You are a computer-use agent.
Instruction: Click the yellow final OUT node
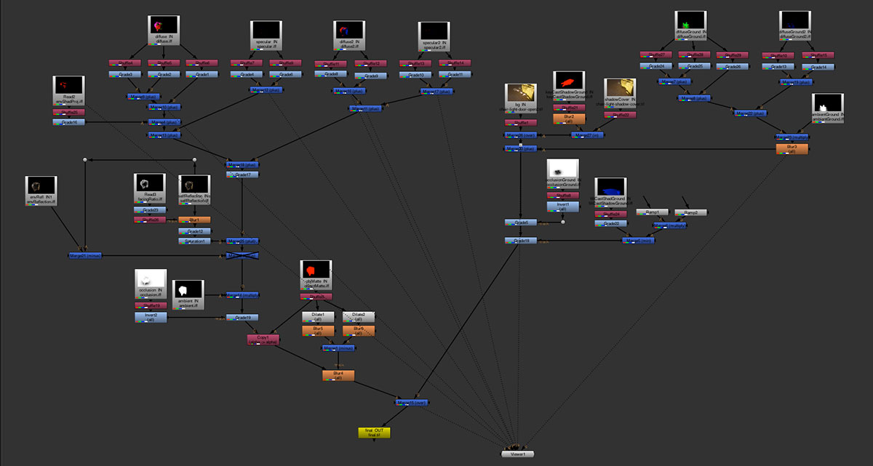click(x=374, y=432)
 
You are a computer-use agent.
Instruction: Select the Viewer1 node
click(x=517, y=454)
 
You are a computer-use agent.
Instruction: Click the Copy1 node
click(x=263, y=339)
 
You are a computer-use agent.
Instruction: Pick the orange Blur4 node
click(x=338, y=375)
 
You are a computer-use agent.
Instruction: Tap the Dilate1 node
click(x=318, y=317)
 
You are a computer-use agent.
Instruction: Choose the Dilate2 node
click(x=359, y=317)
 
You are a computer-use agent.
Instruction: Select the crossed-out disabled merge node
click(x=242, y=256)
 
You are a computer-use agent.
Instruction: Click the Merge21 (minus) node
click(x=86, y=255)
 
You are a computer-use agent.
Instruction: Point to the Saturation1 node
click(x=194, y=241)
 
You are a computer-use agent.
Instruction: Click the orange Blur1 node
click(x=194, y=220)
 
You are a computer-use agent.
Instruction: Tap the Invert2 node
click(x=151, y=317)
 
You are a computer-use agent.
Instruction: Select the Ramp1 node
click(x=652, y=212)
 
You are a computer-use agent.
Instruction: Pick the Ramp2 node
click(x=690, y=212)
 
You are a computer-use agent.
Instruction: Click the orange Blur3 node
click(x=792, y=149)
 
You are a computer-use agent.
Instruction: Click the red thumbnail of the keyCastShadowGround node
click(x=568, y=81)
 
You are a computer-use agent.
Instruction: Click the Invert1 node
click(x=562, y=206)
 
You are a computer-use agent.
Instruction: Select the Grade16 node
click(x=69, y=122)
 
